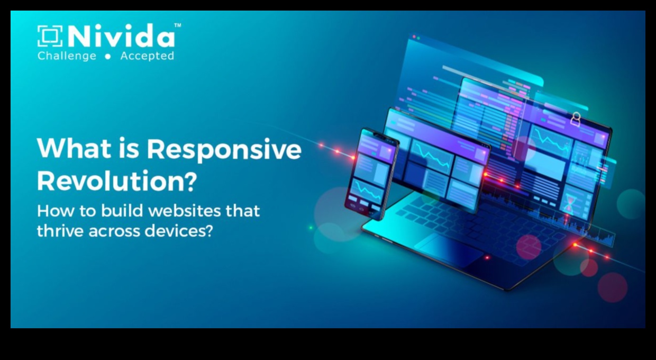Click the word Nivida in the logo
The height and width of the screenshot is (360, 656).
(121, 36)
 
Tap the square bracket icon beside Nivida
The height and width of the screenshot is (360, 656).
(50, 36)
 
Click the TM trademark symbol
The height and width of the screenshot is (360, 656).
(178, 25)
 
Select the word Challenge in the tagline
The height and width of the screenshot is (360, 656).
(67, 56)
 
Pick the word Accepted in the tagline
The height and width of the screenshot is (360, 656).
(147, 56)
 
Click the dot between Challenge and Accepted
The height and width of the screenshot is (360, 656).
(108, 57)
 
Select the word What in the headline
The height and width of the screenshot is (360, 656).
(74, 148)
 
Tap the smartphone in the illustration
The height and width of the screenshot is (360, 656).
(372, 174)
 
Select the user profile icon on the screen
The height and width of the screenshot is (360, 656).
(576, 119)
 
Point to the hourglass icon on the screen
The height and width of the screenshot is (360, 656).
(569, 203)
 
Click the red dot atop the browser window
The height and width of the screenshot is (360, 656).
(414, 37)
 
